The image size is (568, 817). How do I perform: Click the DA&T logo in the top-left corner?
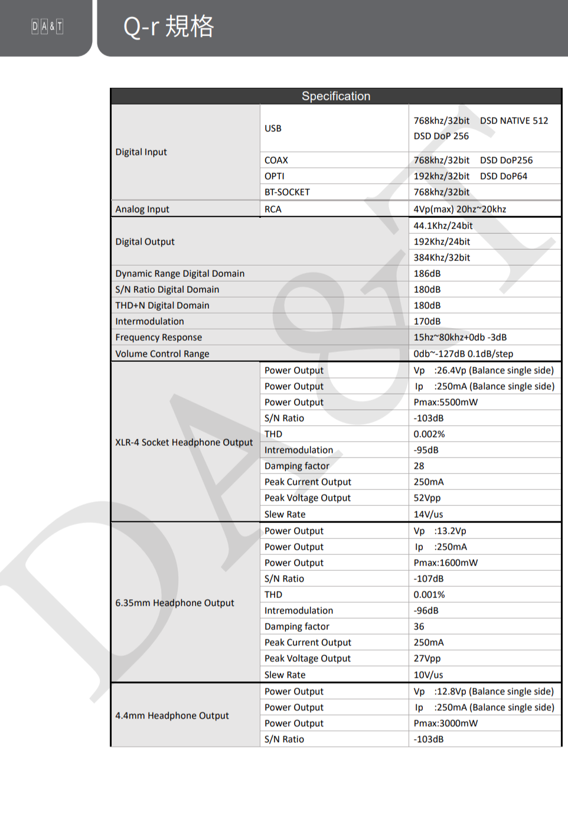point(47,26)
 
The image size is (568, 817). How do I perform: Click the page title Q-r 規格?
point(168,27)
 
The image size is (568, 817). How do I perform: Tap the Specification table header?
point(336,96)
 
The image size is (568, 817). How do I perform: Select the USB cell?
point(273,128)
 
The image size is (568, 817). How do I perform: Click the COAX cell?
point(276,160)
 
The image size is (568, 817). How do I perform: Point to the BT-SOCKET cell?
point(287,192)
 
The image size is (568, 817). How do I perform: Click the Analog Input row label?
point(142,209)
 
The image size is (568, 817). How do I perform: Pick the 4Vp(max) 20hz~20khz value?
point(459,209)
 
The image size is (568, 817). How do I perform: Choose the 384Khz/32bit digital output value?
point(442,257)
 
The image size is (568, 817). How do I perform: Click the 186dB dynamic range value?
point(427,273)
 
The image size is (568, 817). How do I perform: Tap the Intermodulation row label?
point(149,321)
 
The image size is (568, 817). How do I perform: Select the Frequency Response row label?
point(158,337)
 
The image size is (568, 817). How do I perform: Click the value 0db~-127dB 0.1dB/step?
point(463,354)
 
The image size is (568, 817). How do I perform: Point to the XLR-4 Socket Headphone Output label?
point(184,442)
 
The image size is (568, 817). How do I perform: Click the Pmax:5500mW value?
point(445,402)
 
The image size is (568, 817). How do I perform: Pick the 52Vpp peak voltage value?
point(427,498)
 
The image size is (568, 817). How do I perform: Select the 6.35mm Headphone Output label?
point(175,603)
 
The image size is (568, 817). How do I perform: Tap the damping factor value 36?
point(419,626)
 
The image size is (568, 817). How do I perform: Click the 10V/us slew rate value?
point(428,675)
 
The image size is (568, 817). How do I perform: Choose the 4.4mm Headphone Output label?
point(172,715)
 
